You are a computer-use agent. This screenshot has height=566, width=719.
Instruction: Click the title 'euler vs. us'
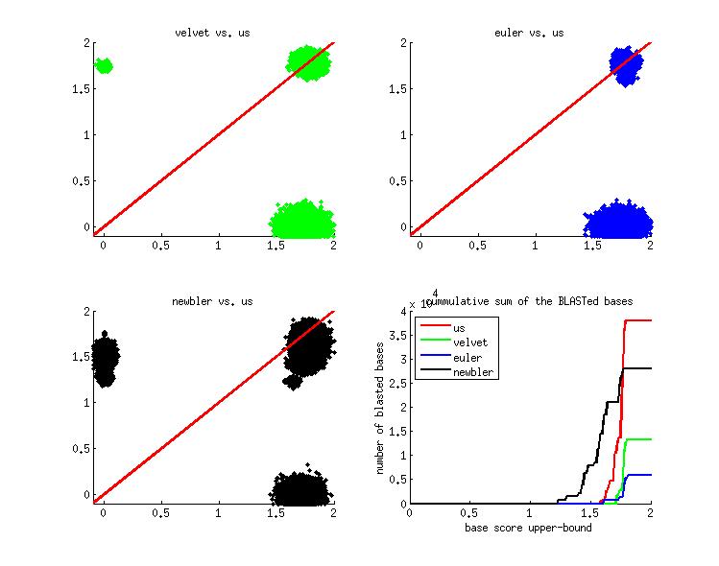click(530, 33)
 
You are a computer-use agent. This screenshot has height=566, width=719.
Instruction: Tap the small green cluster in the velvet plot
click(103, 65)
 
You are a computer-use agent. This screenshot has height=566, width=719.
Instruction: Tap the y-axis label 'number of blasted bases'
click(381, 407)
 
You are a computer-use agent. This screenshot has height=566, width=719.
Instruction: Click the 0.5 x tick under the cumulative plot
click(469, 513)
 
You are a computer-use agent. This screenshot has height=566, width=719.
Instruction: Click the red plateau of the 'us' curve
click(638, 320)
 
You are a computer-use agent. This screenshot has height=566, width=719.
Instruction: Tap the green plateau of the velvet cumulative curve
click(638, 439)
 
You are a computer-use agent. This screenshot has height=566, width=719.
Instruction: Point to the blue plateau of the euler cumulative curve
click(640, 475)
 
